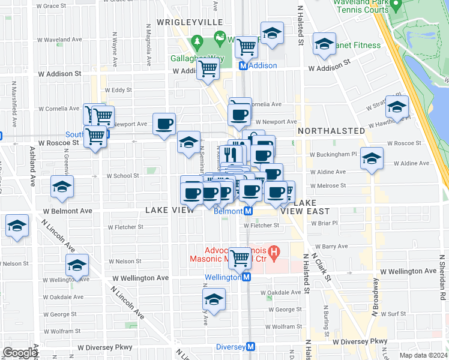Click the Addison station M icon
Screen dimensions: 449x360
[x=244, y=66]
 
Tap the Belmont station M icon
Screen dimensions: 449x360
[x=247, y=211]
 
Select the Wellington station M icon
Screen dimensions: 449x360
[x=246, y=277]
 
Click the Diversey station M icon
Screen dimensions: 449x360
[x=251, y=347]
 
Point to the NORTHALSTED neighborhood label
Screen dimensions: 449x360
[x=331, y=130]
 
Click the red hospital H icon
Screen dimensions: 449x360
[x=274, y=252]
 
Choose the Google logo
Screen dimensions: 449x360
[x=20, y=353]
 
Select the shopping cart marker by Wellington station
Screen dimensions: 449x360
[x=240, y=258]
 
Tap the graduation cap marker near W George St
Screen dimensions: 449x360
[x=214, y=299]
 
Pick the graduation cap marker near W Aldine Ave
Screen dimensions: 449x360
[x=372, y=158]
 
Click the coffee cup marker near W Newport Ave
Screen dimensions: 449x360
[x=164, y=124]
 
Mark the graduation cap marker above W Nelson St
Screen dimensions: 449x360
[x=77, y=265]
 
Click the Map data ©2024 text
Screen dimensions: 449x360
[x=423, y=355]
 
